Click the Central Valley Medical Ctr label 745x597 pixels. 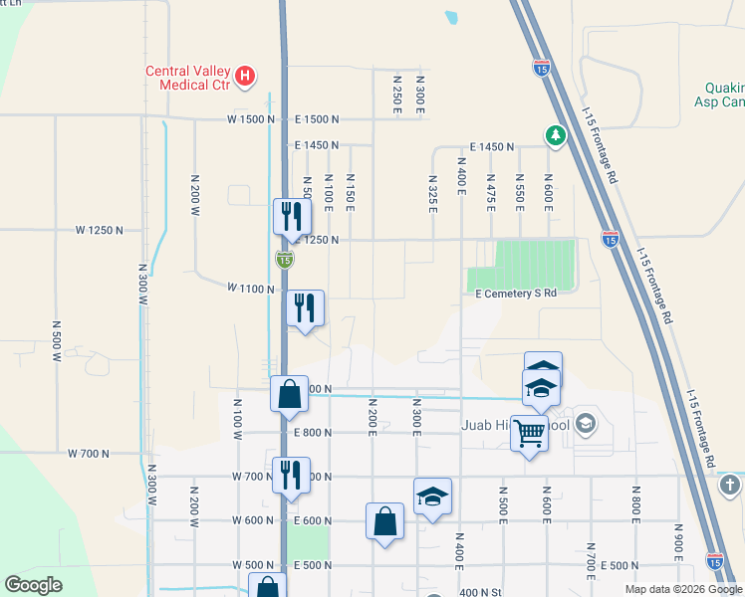(x=187, y=78)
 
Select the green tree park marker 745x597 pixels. (x=554, y=134)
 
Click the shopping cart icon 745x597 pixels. (x=530, y=433)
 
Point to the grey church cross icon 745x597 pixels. (x=729, y=486)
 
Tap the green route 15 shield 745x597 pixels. (x=285, y=259)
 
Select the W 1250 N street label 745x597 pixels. (x=100, y=230)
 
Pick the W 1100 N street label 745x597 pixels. (x=250, y=288)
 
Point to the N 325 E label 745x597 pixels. (x=432, y=196)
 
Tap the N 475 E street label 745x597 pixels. (x=490, y=191)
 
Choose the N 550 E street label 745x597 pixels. (x=519, y=191)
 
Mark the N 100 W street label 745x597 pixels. (x=238, y=419)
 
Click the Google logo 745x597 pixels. (x=33, y=585)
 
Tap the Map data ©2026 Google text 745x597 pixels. (x=682, y=589)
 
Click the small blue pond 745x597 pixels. (x=451, y=17)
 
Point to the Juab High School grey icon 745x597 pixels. (x=586, y=425)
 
